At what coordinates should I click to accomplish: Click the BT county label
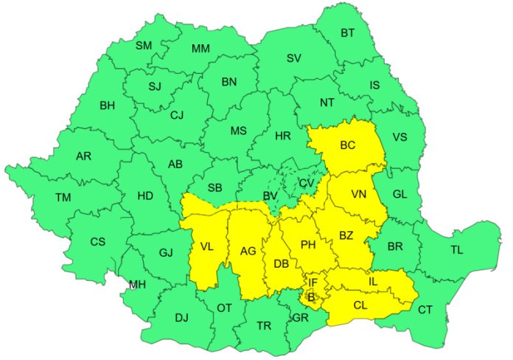[346, 32]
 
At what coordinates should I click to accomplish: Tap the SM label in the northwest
[144, 45]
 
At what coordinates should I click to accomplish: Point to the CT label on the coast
[425, 310]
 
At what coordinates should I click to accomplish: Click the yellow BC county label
[348, 146]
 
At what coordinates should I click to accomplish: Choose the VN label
[359, 195]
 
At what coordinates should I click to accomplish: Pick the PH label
[308, 243]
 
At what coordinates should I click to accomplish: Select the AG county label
[248, 252]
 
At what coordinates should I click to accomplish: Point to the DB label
[281, 263]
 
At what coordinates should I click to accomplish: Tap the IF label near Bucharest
[313, 283]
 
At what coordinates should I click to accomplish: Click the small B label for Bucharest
[311, 297]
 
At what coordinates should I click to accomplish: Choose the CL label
[360, 305]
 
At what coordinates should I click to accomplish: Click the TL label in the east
[457, 250]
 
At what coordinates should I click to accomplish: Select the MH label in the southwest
[137, 285]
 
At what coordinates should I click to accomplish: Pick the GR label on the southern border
[300, 319]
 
